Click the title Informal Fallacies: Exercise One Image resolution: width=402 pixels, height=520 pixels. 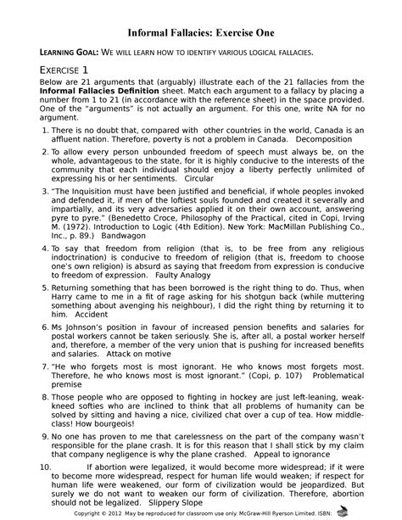coord(201,31)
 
